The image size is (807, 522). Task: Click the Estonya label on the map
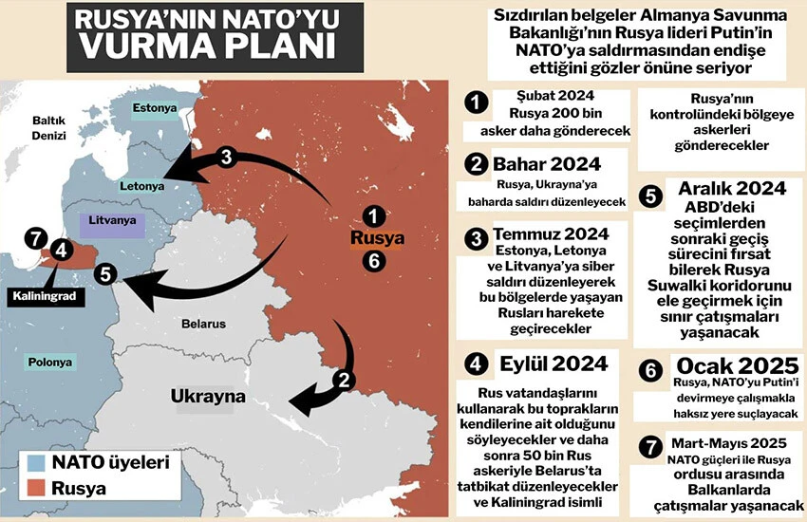155,108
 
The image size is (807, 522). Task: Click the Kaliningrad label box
44,296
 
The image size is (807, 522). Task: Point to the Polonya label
47,363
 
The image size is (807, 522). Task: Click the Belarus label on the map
204,324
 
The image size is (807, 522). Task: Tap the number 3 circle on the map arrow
225,158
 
